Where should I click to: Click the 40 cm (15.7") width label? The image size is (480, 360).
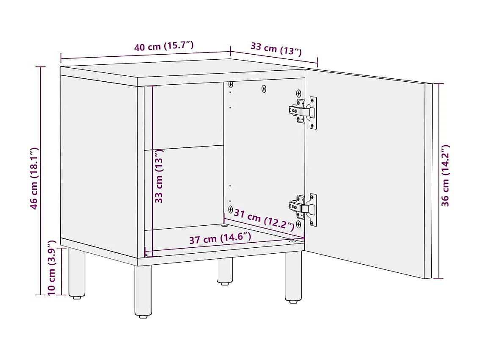click(164, 46)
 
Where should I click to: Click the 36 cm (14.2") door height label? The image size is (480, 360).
click(445, 175)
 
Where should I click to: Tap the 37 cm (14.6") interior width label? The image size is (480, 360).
click(220, 238)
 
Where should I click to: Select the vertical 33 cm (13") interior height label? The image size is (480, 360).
click(159, 176)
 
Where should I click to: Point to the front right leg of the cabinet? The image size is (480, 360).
click(293, 277)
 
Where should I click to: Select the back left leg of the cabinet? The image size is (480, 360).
click(76, 273)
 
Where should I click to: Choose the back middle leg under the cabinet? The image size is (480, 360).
click(225, 271)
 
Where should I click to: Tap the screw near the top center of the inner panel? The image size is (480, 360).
click(264, 89)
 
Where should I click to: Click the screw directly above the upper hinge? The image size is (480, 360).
click(298, 93)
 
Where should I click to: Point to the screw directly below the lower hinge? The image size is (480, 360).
click(298, 223)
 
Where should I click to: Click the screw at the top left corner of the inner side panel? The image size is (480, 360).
click(231, 85)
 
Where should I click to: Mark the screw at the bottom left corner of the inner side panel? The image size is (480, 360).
click(230, 209)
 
